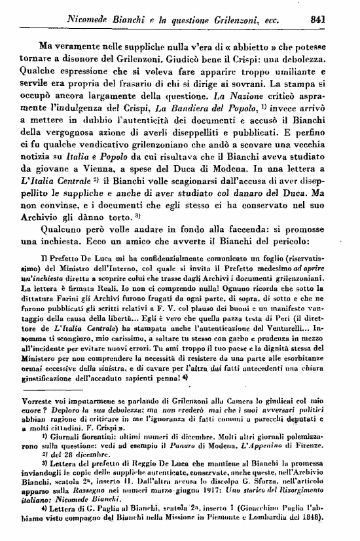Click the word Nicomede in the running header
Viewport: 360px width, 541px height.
pyautogui.click(x=90, y=19)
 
